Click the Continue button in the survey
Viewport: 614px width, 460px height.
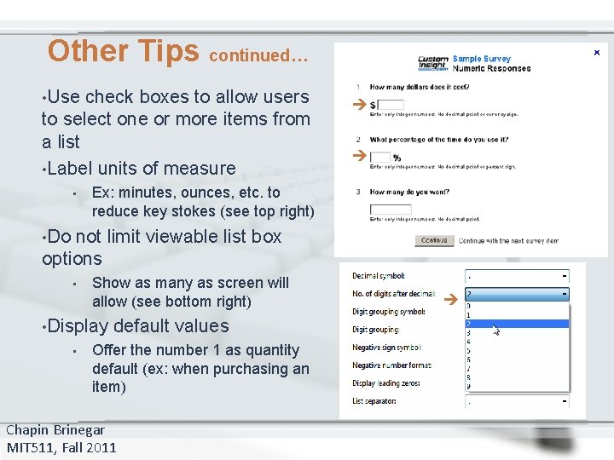coord(434,241)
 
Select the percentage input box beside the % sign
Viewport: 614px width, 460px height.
coord(380,157)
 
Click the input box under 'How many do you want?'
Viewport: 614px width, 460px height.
coord(390,210)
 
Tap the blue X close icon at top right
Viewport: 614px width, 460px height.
coord(596,53)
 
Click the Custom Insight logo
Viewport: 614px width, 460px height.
coord(432,63)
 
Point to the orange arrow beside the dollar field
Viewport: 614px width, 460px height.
coord(359,105)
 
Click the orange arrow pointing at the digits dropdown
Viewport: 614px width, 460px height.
coord(452,299)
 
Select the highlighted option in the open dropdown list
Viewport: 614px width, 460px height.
coord(516,324)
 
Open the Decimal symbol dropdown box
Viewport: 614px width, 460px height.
coord(517,276)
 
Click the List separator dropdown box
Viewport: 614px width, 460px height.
coord(517,401)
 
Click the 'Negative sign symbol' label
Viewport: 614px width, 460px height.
coord(386,348)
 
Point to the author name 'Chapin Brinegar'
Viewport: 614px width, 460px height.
coord(55,430)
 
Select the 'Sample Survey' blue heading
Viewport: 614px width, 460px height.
coord(483,59)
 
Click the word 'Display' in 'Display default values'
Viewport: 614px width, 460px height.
coord(78,326)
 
